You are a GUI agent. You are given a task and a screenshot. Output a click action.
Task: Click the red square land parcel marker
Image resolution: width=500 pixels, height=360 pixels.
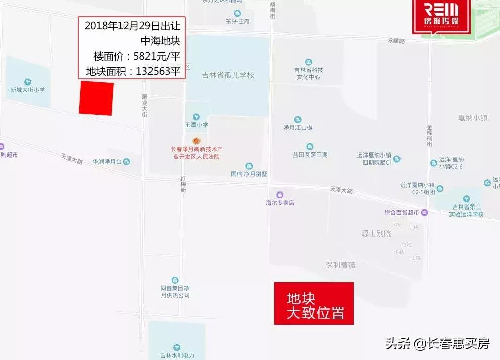pos(96,98)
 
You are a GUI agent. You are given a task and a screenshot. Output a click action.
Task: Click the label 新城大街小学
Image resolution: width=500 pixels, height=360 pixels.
pos(28,90)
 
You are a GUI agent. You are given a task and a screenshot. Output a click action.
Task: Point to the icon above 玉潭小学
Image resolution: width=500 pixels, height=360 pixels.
pos(196,117)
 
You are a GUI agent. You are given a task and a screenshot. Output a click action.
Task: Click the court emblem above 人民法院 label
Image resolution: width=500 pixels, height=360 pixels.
pos(196,141)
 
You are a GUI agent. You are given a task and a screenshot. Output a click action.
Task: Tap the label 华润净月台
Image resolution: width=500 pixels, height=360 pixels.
pos(107,162)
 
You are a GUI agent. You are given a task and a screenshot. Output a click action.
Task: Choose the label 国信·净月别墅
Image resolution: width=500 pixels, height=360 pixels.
pos(248,174)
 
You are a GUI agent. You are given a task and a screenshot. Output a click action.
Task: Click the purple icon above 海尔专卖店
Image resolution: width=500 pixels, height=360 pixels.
pos(280,195)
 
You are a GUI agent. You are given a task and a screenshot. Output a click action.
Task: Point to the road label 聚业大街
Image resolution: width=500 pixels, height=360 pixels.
pos(145,105)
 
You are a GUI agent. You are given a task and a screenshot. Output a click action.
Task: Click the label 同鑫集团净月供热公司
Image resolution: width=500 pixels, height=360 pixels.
pos(174,292)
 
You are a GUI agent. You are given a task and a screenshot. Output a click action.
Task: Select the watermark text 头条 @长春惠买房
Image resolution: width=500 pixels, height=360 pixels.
pos(437,344)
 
